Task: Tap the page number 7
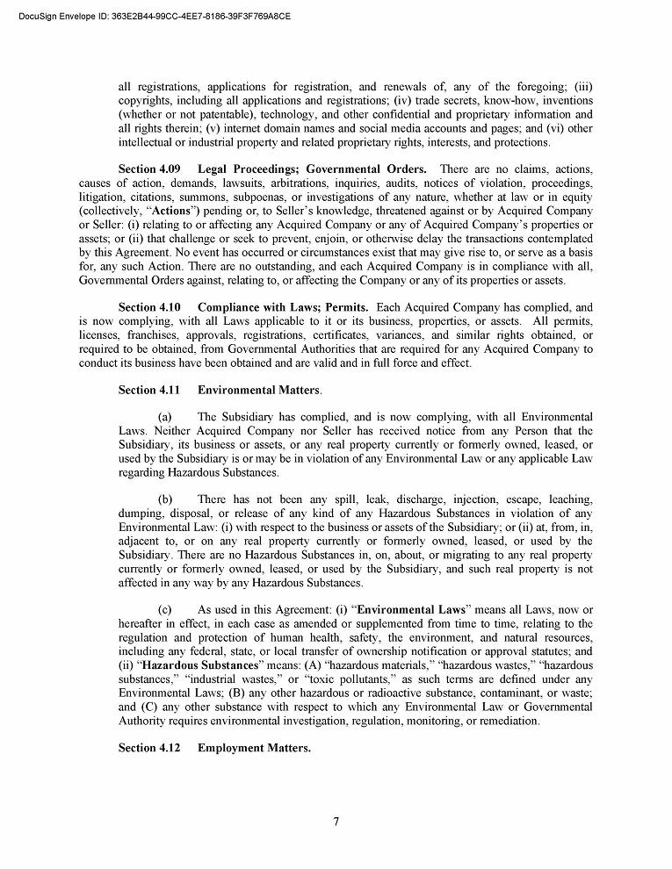[336, 822]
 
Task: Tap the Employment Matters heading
[254, 748]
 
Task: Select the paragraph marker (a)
[164, 417]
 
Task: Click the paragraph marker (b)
[164, 499]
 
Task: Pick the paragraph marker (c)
[164, 610]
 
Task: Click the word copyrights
[147, 101]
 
